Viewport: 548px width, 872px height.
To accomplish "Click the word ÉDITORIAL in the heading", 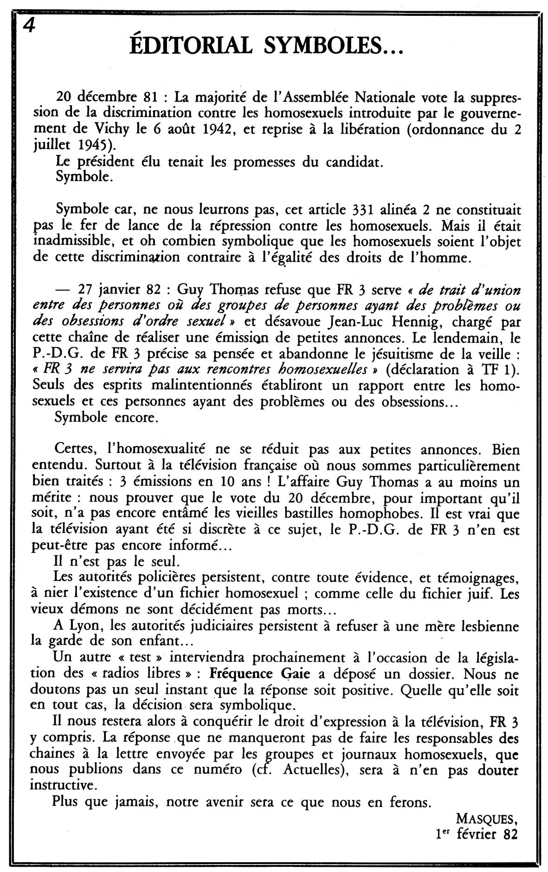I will click(191, 46).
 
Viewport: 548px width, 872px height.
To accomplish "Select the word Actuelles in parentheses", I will click(313, 769).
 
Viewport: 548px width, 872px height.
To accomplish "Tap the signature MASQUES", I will click(486, 818).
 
